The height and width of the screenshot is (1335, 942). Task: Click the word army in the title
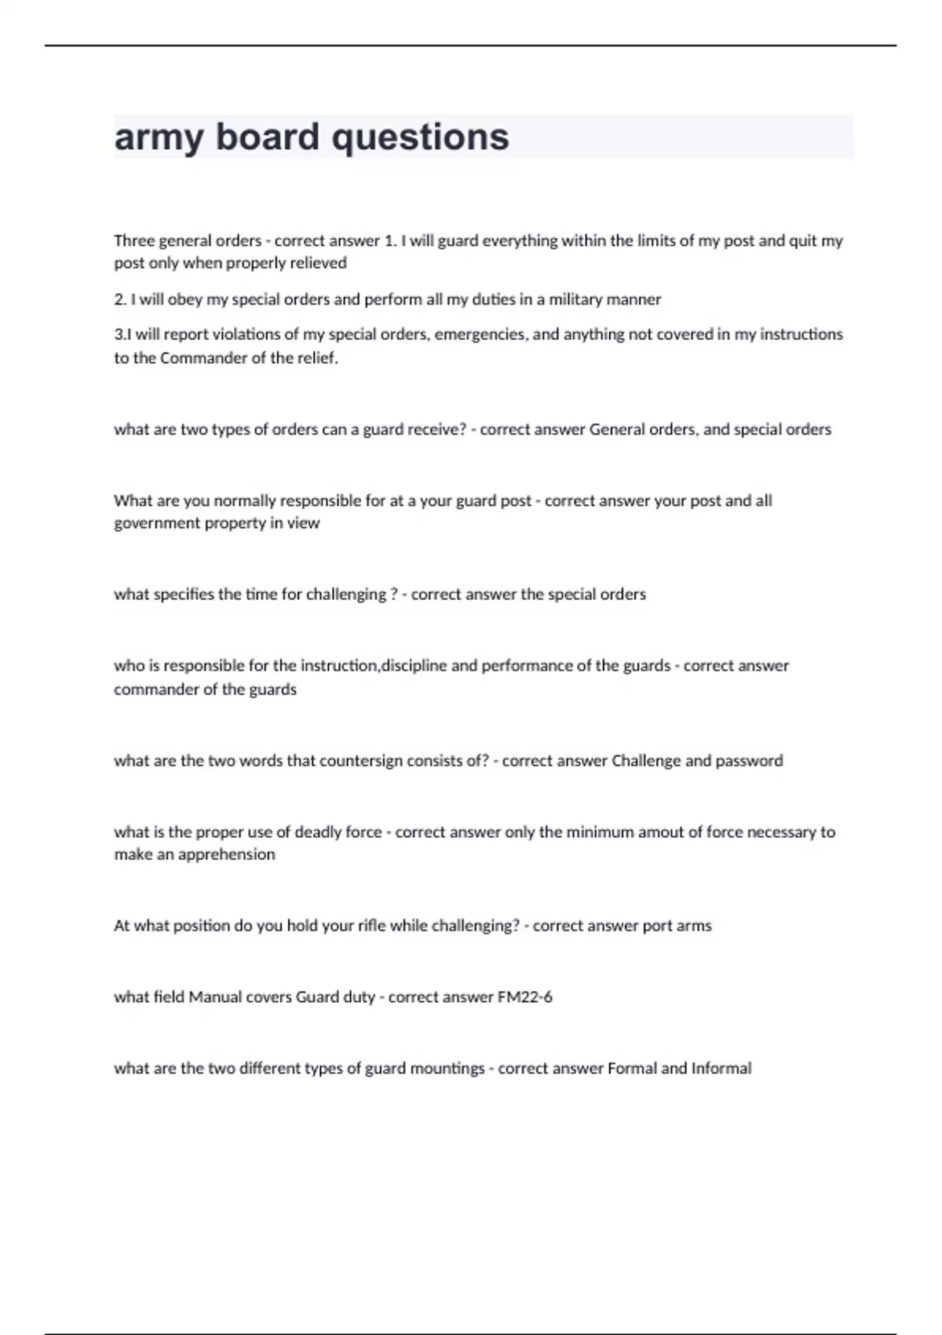pyautogui.click(x=159, y=138)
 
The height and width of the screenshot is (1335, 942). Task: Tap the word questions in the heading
pyautogui.click(x=420, y=138)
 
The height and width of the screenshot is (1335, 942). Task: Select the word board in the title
pyautogui.click(x=267, y=137)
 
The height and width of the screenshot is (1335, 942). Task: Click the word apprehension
pyautogui.click(x=227, y=854)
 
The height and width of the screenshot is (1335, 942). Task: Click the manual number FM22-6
pyautogui.click(x=524, y=997)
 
